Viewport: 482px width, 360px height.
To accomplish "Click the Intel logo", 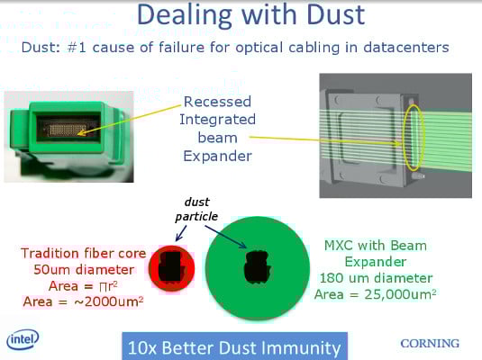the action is (23, 339).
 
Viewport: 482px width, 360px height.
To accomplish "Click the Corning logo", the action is (430, 344).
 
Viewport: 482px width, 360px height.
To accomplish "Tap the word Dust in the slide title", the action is (336, 14).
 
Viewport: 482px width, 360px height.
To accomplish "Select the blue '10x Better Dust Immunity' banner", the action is (234, 346).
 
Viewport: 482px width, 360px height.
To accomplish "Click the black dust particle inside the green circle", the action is (258, 267).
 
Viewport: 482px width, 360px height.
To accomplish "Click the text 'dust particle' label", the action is (196, 209).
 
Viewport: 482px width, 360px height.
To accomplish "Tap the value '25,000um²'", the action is (400, 294).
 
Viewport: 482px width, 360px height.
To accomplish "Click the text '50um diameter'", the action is (84, 270).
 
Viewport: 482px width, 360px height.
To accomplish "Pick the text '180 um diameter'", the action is (377, 278).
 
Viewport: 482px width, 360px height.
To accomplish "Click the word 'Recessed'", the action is (217, 102).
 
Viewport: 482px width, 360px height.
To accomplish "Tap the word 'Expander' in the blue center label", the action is (218, 156).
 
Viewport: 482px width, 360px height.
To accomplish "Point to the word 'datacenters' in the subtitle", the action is (406, 48).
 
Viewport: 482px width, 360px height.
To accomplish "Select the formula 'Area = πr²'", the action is (83, 286).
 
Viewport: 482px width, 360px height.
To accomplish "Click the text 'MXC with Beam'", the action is (376, 246).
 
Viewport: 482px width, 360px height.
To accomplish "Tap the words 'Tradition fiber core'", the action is (83, 254).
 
